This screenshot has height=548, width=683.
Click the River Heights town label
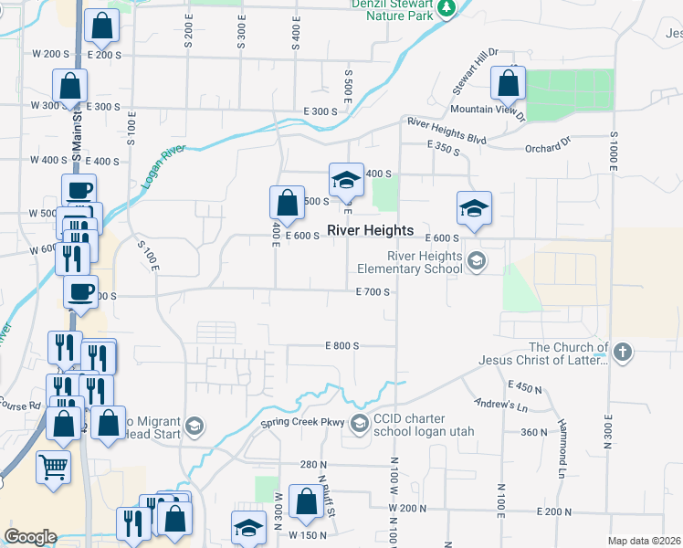pyautogui.click(x=370, y=231)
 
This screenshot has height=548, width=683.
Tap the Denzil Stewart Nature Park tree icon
pyautogui.click(x=446, y=10)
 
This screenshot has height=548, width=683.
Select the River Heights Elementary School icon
pyautogui.click(x=476, y=263)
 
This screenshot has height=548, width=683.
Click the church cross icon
pyautogui.click(x=623, y=353)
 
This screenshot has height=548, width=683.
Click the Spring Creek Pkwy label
pyautogui.click(x=302, y=423)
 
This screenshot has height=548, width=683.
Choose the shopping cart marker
pyautogui.click(x=54, y=467)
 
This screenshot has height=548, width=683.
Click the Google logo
pyautogui.click(x=30, y=537)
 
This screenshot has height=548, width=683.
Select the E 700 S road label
pyautogui.click(x=373, y=292)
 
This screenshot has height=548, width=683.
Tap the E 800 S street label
pyautogui.click(x=342, y=346)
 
